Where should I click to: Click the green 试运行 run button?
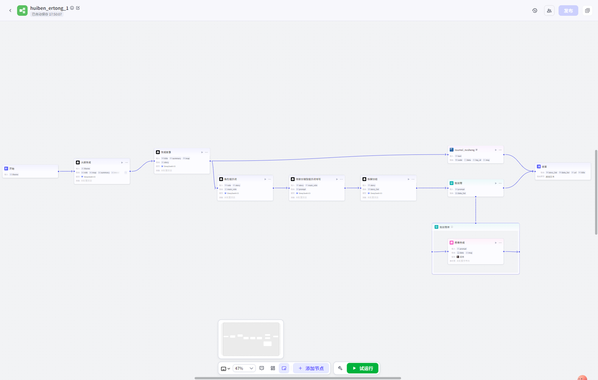[x=363, y=368]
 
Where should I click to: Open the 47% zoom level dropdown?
[x=244, y=368]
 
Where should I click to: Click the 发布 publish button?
[x=568, y=10]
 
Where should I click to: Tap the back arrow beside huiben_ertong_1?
[x=10, y=10]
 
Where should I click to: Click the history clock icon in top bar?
[x=534, y=10]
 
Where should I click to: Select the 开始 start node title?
[x=12, y=168]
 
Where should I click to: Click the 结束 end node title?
[x=544, y=166]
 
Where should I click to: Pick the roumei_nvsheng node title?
[x=464, y=150]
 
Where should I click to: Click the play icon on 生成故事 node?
[x=202, y=152]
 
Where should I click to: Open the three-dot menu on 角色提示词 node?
[x=270, y=179]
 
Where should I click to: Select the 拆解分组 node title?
[x=372, y=179]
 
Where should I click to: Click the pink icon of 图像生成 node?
[x=451, y=243]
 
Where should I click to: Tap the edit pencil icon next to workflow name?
[x=78, y=8]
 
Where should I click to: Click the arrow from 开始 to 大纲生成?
[x=66, y=171]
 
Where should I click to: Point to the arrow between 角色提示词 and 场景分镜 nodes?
[x=281, y=188]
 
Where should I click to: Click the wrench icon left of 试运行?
[x=340, y=368]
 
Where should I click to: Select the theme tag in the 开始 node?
[x=15, y=174]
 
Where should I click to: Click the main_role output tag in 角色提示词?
[x=232, y=189]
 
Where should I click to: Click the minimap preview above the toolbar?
[x=251, y=339]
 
